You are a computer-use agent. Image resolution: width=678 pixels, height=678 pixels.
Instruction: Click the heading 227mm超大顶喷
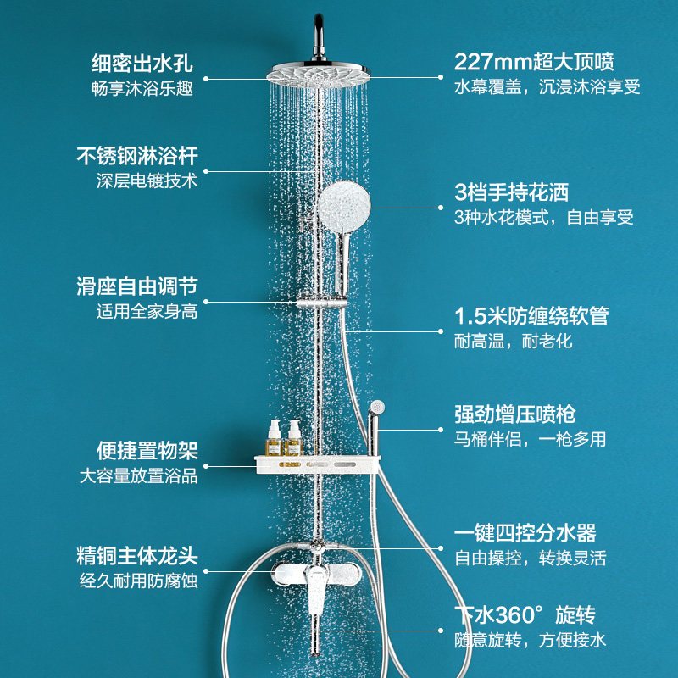point(534,63)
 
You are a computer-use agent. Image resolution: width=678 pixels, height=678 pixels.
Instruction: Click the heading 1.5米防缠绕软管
point(531,317)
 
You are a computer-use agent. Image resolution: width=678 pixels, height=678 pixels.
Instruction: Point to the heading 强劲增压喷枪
point(515,414)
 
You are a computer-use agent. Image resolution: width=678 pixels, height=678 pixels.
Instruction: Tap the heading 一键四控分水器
point(525,533)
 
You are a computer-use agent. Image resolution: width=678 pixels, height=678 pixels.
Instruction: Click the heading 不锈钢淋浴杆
point(137,156)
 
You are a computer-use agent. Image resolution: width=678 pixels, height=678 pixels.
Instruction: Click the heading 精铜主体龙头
point(137,557)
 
